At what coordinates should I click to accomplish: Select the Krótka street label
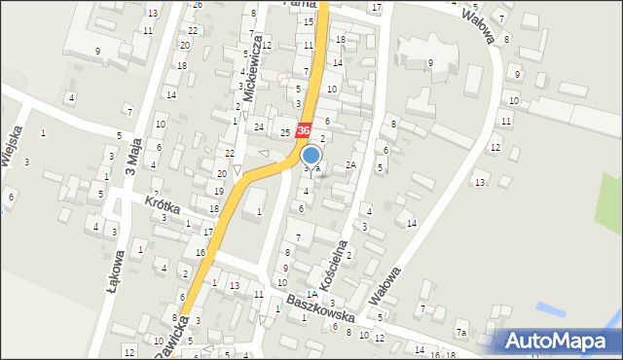(163, 207)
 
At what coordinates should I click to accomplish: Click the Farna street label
(297, 4)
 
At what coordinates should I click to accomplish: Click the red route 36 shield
(304, 130)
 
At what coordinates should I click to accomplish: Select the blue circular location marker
(311, 155)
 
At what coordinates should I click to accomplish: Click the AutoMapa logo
(558, 341)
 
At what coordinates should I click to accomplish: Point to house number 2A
(351, 165)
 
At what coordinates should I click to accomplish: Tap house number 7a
(461, 333)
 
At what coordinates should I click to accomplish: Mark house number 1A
(311, 294)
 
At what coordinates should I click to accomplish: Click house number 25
(285, 132)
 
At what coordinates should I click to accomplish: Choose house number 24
(259, 127)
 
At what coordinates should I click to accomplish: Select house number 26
(198, 5)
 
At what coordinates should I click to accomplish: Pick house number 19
(217, 191)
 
